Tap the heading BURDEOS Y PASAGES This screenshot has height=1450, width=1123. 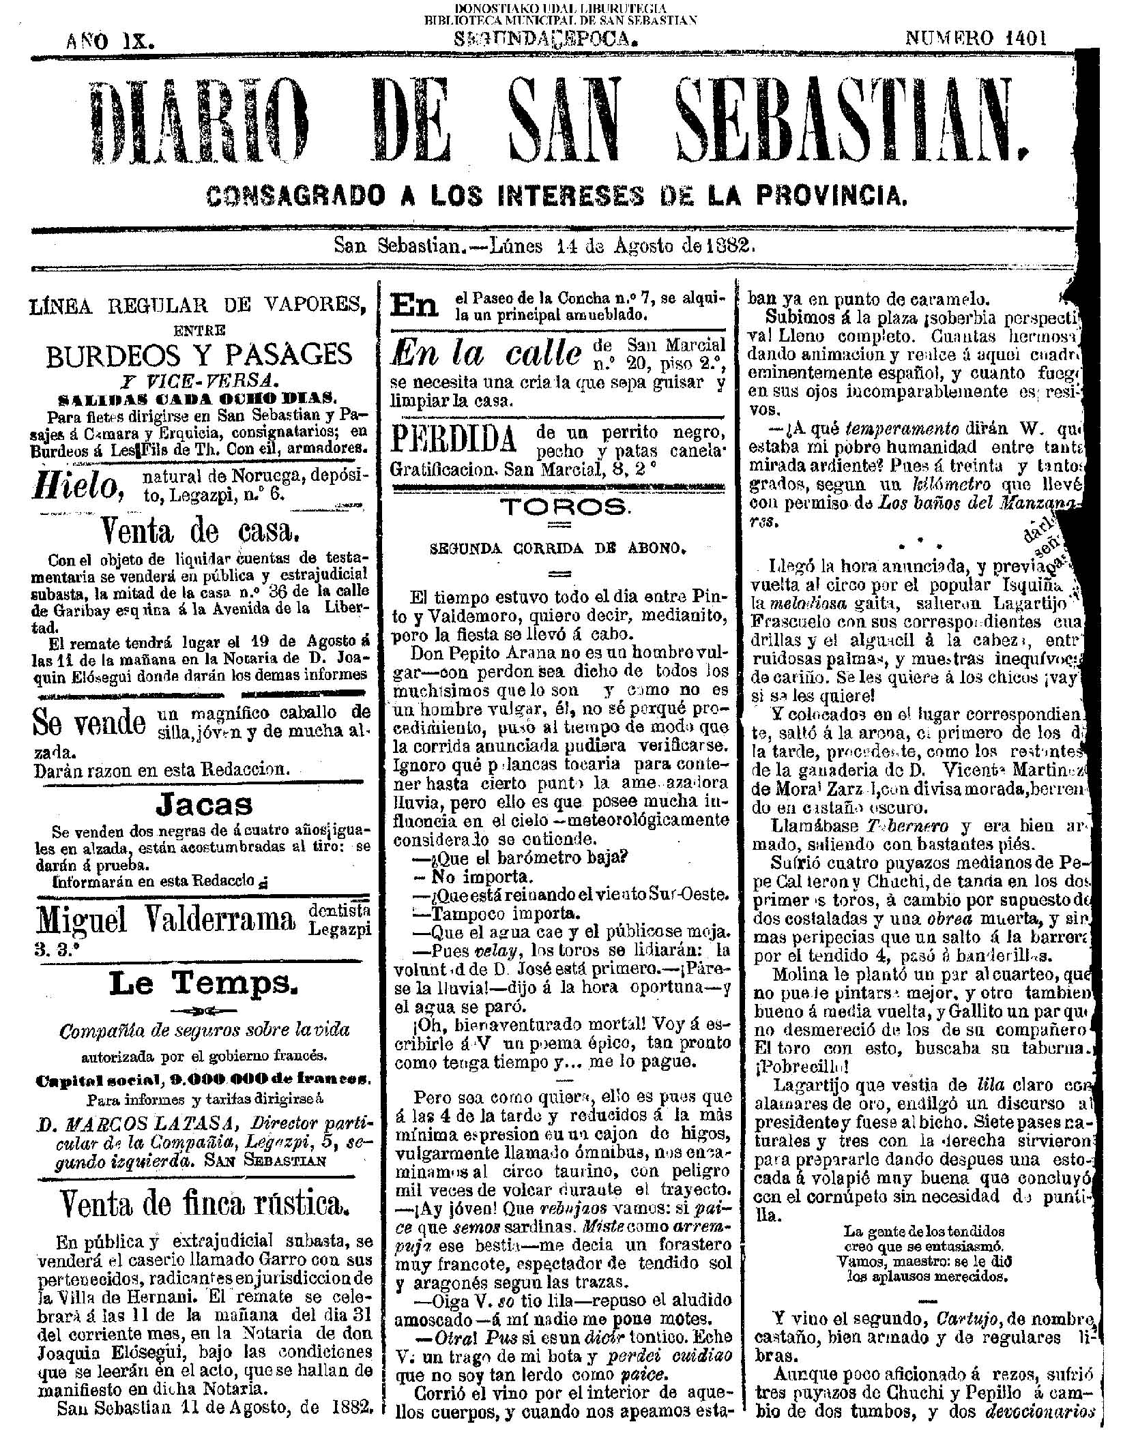[199, 355]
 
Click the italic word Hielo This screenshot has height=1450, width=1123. [81, 485]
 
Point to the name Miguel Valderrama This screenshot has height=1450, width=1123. [167, 920]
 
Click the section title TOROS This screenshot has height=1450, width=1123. [562, 505]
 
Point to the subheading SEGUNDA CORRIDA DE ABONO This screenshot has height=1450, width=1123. [559, 547]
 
